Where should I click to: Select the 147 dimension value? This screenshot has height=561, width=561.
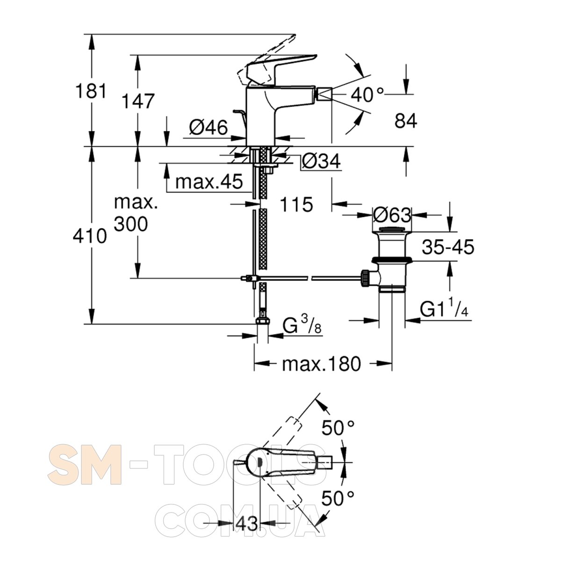[138, 101]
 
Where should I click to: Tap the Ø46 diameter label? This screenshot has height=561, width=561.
[208, 128]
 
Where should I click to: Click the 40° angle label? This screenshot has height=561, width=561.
[367, 94]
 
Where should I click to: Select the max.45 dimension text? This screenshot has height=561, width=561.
[209, 182]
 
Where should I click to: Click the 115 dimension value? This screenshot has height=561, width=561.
[296, 204]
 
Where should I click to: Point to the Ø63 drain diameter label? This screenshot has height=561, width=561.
[392, 215]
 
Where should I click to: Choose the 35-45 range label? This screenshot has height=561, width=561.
[448, 247]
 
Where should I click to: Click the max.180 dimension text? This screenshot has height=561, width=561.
[321, 364]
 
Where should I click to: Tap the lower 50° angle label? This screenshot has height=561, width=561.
[338, 498]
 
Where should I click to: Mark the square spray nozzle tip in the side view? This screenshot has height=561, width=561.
[325, 94]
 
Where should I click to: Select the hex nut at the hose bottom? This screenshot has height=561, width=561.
[263, 321]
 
